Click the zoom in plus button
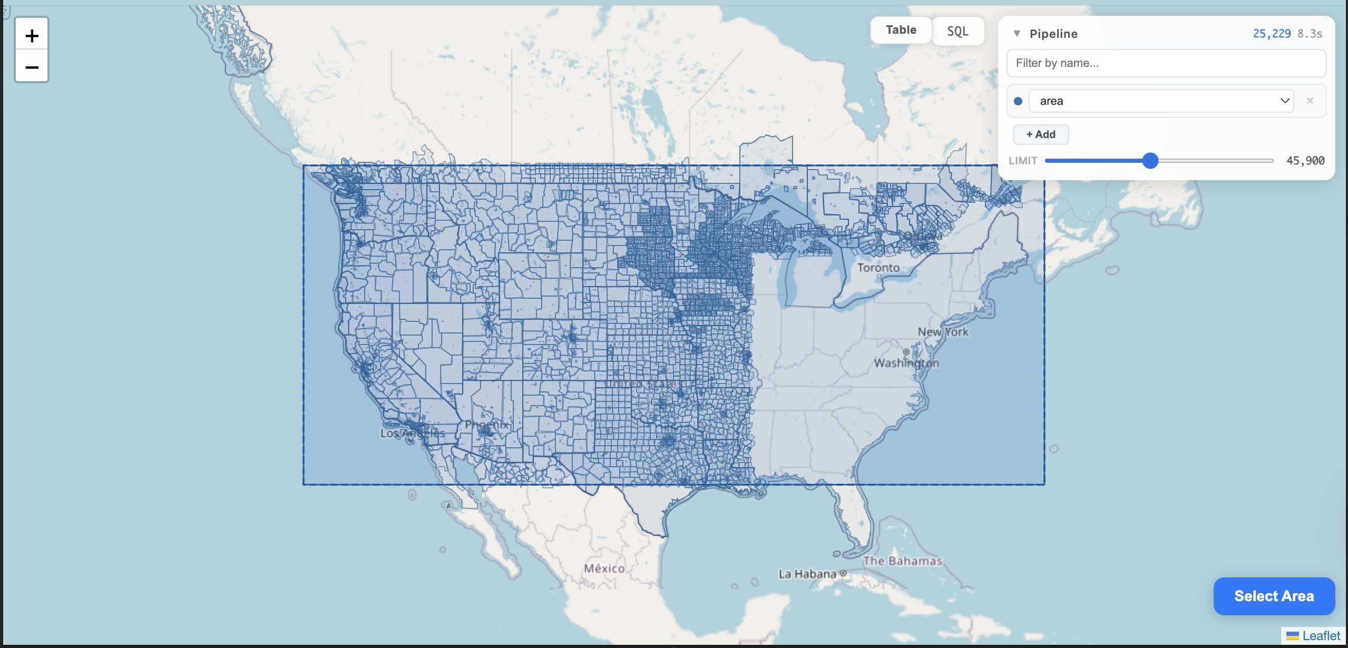[32, 35]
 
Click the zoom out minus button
[32, 67]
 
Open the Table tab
[901, 30]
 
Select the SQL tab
[958, 31]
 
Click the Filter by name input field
[1166, 63]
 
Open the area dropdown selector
[1161, 101]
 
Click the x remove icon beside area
[1310, 101]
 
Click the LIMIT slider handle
[1150, 161]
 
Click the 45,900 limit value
[1305, 161]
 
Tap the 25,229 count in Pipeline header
[1271, 34]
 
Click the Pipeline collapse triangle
[1017, 34]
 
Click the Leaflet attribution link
[1321, 636]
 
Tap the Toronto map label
[878, 268]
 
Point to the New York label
[943, 332]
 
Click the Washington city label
[906, 363]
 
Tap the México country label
[604, 568]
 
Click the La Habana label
[807, 574]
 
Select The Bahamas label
[902, 561]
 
